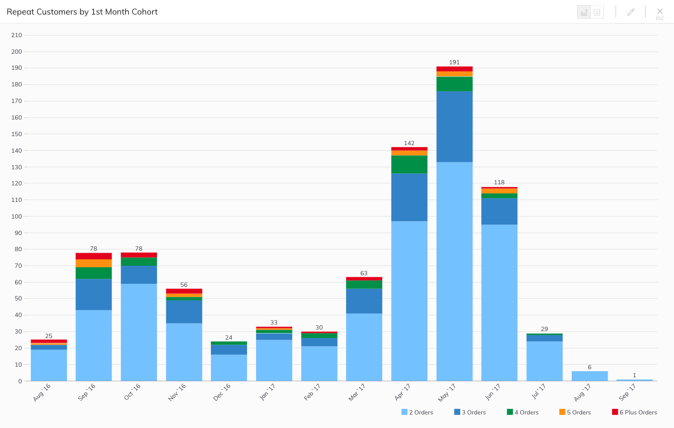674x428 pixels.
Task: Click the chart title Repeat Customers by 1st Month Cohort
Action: (x=82, y=12)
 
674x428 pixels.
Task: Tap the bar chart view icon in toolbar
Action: (x=584, y=12)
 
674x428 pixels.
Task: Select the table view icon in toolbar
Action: (x=597, y=12)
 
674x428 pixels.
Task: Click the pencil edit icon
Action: (x=631, y=12)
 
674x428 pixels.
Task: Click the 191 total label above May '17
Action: (x=454, y=62)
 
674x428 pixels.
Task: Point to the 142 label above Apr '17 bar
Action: (x=409, y=143)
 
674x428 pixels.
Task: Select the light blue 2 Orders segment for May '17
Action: (x=454, y=271)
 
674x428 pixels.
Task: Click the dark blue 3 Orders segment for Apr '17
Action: (x=409, y=197)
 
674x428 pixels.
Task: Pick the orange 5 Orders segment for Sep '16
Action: (x=93, y=263)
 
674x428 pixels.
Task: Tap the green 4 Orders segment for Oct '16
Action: (x=139, y=262)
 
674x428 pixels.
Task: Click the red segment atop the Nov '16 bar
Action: (x=184, y=291)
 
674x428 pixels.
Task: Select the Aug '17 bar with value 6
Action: (x=590, y=376)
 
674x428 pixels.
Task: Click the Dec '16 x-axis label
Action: (x=221, y=392)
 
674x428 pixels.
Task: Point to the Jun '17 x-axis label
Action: (x=492, y=392)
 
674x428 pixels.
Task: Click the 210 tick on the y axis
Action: (x=17, y=35)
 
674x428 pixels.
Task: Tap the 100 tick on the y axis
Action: (x=17, y=217)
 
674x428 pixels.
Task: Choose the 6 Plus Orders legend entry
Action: (x=634, y=412)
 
